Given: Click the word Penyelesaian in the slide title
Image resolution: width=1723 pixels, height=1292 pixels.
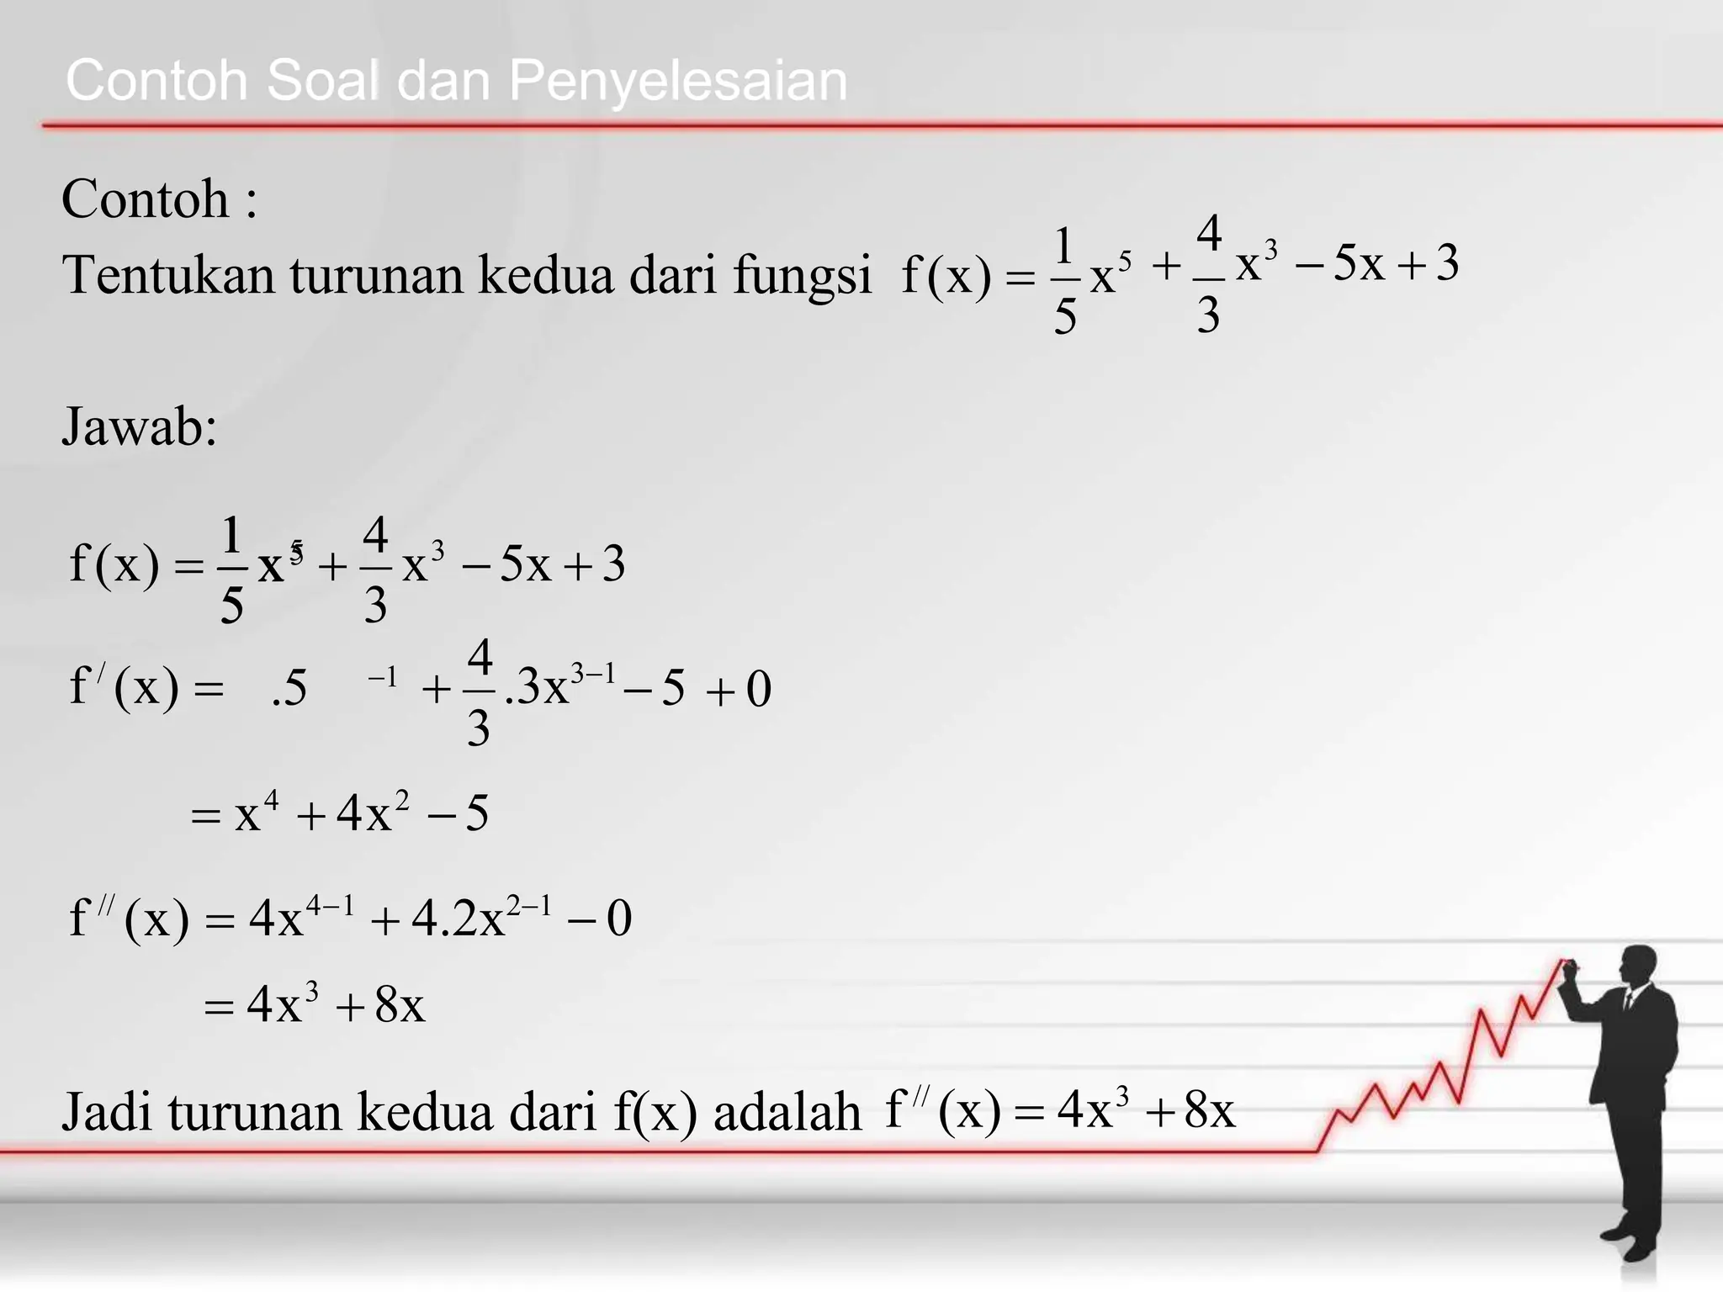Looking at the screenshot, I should point(677,82).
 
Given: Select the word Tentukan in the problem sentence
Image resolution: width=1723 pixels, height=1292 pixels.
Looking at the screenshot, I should point(168,275).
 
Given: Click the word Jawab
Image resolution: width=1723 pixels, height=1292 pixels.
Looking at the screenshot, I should point(139,426).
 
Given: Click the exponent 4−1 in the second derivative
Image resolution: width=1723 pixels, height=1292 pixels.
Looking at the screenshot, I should point(330,906).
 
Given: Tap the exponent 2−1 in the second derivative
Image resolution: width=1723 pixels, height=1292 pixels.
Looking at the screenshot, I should point(529,906).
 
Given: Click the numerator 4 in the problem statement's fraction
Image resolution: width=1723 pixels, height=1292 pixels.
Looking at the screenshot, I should point(1209,233).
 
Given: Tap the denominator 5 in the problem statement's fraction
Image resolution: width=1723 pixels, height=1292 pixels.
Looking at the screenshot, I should point(1065,317).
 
